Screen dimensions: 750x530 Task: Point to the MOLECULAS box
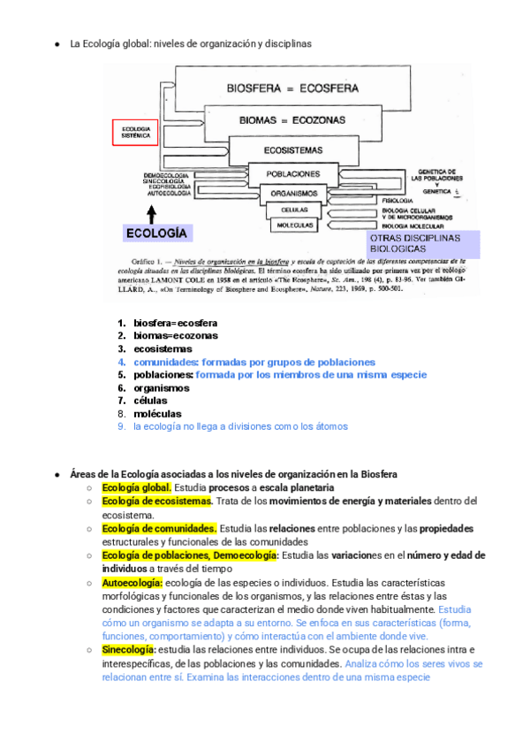coord(293,226)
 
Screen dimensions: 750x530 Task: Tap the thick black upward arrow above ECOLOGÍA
coord(152,212)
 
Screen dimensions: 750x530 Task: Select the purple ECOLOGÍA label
coord(156,233)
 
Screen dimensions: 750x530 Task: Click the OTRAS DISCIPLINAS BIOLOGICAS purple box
coord(422,244)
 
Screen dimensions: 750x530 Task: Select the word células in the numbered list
coord(151,401)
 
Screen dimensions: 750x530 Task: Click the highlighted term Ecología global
coord(136,487)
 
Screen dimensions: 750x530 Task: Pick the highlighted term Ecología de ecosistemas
coord(156,501)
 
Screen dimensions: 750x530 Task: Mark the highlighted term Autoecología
coord(132,584)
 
